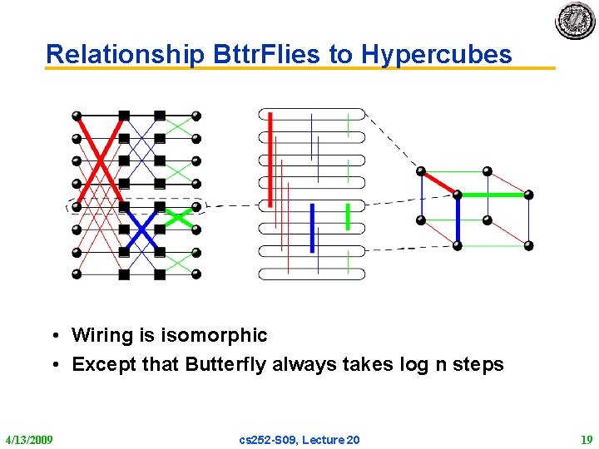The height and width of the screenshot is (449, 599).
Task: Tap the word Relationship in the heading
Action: point(125,55)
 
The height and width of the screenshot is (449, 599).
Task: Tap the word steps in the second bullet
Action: point(477,364)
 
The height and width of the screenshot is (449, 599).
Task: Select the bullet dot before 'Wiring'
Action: point(52,336)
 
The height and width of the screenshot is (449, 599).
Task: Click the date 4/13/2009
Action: point(29,439)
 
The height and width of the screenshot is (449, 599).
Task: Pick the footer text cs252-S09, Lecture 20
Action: point(299,439)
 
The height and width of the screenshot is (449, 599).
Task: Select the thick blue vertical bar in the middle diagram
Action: point(311,228)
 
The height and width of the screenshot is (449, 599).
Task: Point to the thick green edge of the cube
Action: point(493,195)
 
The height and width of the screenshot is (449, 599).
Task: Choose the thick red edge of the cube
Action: point(438,183)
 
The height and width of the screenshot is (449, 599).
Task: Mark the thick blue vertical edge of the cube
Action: point(458,220)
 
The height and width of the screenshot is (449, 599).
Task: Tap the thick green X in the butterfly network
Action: point(178,218)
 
